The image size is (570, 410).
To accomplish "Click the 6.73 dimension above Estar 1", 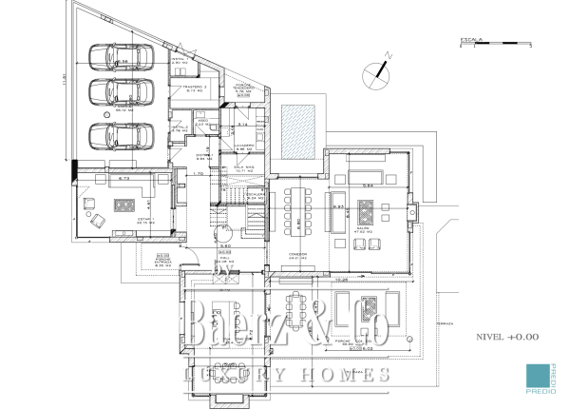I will tap(123, 178).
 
